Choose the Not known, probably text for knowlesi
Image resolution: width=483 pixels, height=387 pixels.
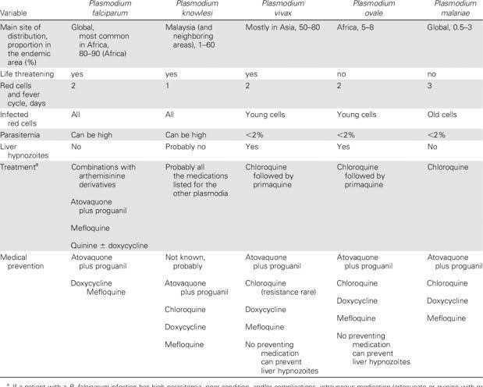point(190,261)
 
